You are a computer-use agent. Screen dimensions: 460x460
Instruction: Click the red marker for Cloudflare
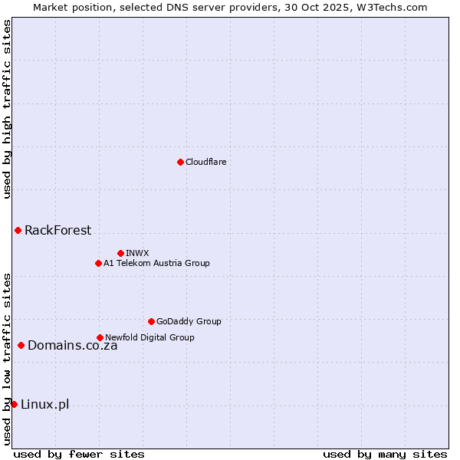tap(180, 162)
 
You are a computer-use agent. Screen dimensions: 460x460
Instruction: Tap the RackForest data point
tap(18, 230)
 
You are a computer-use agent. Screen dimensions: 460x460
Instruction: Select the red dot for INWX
tap(120, 253)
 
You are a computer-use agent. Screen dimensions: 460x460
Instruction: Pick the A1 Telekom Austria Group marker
tap(98, 263)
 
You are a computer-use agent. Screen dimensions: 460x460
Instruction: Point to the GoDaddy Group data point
tap(151, 321)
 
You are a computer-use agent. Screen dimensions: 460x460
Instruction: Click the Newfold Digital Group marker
tap(100, 337)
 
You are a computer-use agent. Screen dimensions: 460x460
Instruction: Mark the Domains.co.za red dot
tap(21, 345)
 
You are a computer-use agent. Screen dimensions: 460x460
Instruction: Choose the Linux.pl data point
tap(14, 404)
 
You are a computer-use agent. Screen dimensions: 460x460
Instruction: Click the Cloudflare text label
tap(206, 162)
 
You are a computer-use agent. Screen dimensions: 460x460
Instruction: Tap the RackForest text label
tap(58, 230)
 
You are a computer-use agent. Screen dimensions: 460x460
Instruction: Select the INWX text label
tap(137, 253)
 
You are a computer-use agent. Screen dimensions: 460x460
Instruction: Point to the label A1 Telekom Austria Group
tap(156, 263)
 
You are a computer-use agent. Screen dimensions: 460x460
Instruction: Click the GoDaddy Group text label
tap(189, 321)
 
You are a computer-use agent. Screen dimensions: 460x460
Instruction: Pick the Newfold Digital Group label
tap(149, 337)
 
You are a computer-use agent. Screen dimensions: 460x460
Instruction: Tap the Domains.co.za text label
tap(72, 345)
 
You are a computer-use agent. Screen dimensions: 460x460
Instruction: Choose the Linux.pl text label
tap(44, 404)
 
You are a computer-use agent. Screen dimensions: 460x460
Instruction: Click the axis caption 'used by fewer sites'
tap(79, 454)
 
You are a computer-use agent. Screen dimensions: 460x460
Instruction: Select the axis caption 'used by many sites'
tap(385, 454)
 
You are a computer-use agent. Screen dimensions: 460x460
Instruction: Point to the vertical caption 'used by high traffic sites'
tap(7, 109)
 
